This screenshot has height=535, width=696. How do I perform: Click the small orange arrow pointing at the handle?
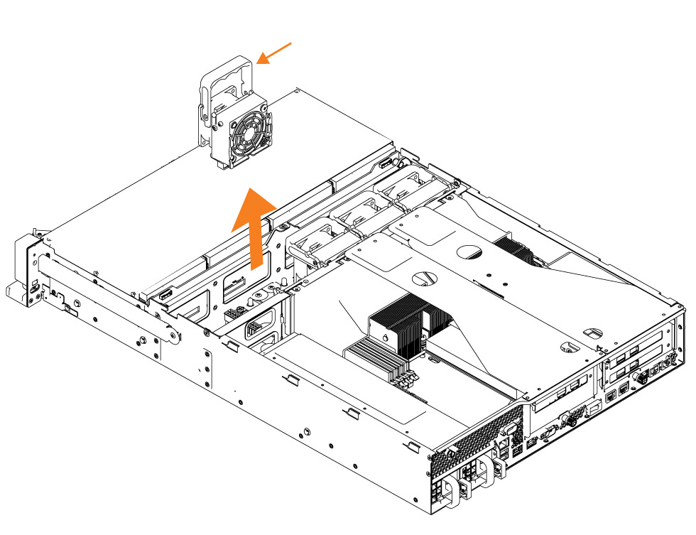pyautogui.click(x=274, y=53)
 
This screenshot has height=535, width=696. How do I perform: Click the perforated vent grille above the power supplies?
pyautogui.click(x=469, y=444)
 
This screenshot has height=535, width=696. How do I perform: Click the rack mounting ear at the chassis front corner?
pyautogui.click(x=25, y=274)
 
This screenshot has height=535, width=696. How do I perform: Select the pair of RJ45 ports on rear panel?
pyautogui.click(x=616, y=391)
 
